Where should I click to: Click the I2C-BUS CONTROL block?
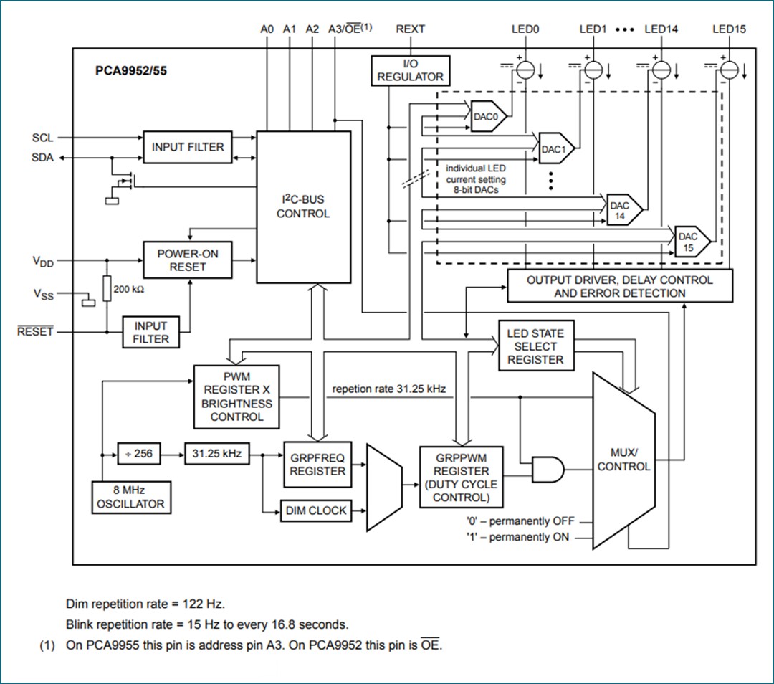click(x=303, y=206)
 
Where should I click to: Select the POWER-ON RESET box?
click(x=188, y=260)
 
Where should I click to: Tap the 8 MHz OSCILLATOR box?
click(x=130, y=497)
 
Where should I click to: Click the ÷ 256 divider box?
click(x=139, y=454)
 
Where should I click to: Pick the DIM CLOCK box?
click(x=316, y=511)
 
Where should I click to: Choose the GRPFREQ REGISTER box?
click(x=317, y=465)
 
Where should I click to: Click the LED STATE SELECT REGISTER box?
click(x=535, y=346)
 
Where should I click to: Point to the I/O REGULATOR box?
click(x=411, y=70)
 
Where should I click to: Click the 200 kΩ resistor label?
click(x=130, y=290)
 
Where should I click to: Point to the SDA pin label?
click(x=42, y=158)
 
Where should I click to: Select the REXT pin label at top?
click(x=410, y=29)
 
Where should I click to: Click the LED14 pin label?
click(x=661, y=29)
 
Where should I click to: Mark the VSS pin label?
click(x=43, y=294)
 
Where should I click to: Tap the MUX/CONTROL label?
click(x=623, y=460)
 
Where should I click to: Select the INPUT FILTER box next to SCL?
click(x=188, y=147)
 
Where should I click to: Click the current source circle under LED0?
click(x=525, y=70)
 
